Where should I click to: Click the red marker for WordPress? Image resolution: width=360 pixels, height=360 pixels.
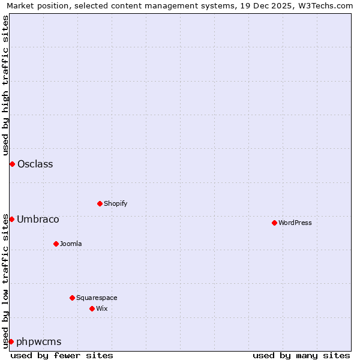click(x=274, y=223)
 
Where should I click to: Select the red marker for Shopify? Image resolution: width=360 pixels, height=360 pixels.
click(x=100, y=203)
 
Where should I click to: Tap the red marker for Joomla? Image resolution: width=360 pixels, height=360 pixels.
click(x=56, y=244)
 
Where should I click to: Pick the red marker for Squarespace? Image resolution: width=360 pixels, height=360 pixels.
click(x=72, y=298)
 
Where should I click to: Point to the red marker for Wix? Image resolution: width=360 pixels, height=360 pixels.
click(x=92, y=308)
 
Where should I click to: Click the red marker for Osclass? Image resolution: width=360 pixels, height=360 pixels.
click(x=12, y=164)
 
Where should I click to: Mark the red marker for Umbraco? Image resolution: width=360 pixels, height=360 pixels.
click(x=11, y=219)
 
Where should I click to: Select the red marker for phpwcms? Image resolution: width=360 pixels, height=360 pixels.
click(x=11, y=341)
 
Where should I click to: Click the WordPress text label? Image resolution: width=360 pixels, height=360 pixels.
click(x=295, y=223)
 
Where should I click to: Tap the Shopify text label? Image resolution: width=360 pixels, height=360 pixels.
click(x=116, y=203)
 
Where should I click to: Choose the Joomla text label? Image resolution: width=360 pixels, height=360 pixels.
click(x=71, y=244)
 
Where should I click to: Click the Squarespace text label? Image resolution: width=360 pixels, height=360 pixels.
click(x=97, y=298)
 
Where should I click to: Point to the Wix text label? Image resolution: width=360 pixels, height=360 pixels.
click(x=102, y=308)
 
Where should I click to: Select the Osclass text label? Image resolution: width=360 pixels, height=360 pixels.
click(x=35, y=164)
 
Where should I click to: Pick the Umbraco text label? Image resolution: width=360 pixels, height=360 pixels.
click(x=38, y=219)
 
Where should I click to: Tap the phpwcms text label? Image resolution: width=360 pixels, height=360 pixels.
click(x=39, y=341)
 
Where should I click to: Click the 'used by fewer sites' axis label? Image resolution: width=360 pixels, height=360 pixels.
click(x=62, y=355)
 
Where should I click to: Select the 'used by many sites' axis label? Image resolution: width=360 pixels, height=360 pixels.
click(x=301, y=355)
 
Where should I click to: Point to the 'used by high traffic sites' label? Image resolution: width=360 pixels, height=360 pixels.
click(x=5, y=86)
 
